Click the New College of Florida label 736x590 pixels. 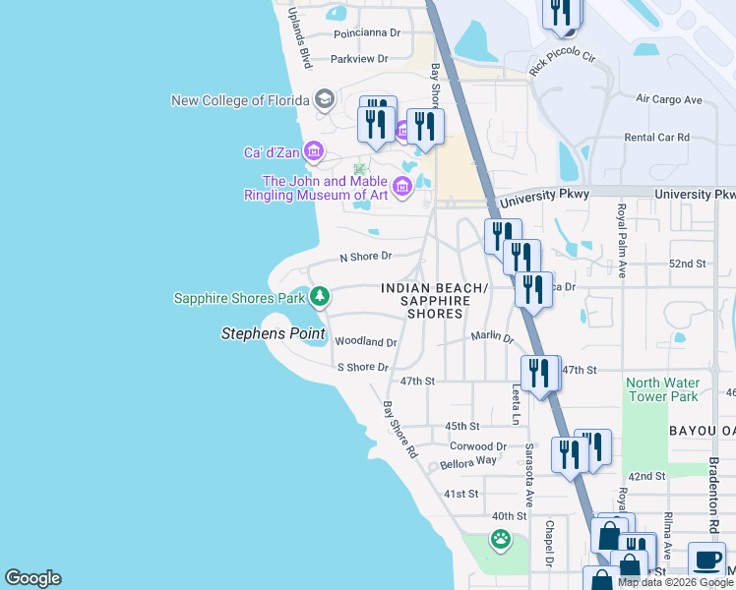coord(240,100)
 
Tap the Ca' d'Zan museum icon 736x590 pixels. coord(314,151)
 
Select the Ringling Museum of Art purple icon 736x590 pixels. coord(401,187)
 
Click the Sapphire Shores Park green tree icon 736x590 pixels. coord(319,296)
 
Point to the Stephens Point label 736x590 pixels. coord(272,334)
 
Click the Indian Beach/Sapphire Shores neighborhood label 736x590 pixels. coord(435,301)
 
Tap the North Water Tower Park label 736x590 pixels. coord(663,389)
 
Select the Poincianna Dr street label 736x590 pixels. coord(367,32)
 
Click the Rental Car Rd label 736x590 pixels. coord(657,138)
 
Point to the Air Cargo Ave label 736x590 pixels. coord(669,99)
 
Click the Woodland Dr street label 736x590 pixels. coord(365,342)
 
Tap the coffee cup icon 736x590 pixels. coord(705,560)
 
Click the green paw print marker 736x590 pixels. coord(501,538)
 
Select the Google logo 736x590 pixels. coord(32,578)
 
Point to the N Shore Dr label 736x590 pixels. coord(365,257)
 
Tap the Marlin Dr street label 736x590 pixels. coord(492,336)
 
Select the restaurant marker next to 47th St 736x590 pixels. coord(539,374)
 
